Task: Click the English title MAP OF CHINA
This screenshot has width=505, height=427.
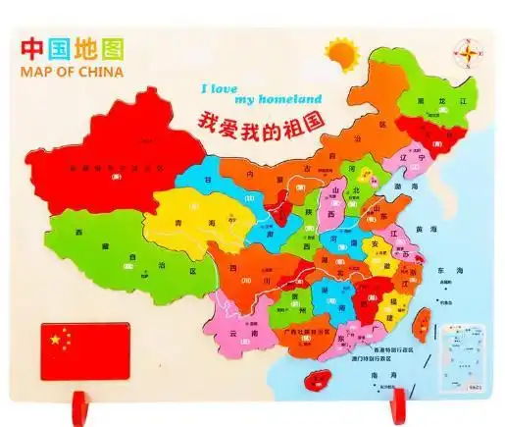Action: (68, 74)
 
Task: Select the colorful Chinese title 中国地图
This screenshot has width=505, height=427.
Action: (67, 47)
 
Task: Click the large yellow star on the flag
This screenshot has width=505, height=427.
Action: (55, 340)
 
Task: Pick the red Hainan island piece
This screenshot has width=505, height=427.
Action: (317, 377)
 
